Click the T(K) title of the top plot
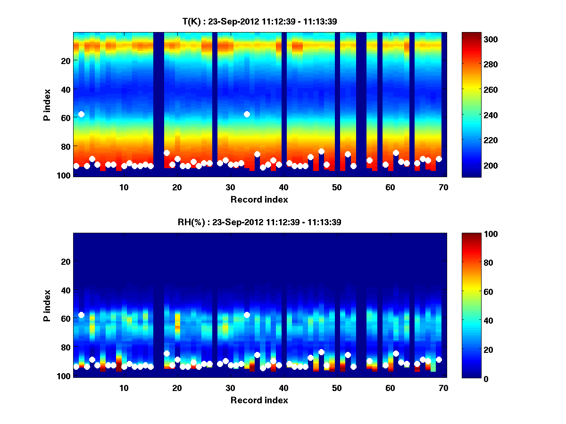click(259, 21)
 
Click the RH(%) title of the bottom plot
click(259, 222)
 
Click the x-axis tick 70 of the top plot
click(443, 187)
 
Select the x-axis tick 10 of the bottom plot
click(124, 388)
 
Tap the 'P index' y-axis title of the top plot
click(48, 104)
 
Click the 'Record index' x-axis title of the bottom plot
click(259, 400)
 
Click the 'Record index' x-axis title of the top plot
click(259, 200)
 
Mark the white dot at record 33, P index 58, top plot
click(247, 114)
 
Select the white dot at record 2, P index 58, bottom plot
click(81, 315)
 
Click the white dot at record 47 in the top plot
click(321, 152)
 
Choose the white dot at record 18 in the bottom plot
click(166, 353)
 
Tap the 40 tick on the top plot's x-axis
click(283, 187)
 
